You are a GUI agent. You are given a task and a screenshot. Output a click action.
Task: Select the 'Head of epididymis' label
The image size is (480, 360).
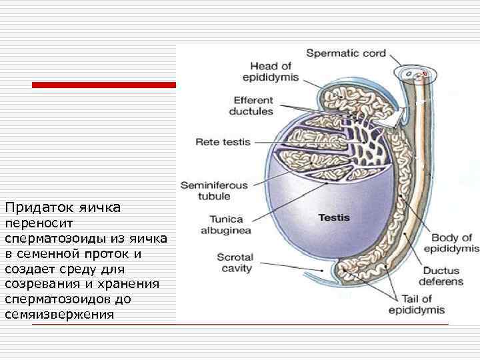(x=271, y=71)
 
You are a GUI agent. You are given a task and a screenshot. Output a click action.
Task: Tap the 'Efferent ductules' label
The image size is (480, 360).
(x=251, y=105)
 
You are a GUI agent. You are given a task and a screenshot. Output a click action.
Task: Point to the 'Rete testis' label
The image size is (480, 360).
(x=223, y=142)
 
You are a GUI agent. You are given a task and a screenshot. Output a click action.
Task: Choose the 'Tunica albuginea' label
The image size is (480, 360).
(x=227, y=224)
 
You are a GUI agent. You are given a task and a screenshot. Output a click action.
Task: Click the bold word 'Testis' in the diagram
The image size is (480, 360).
(x=333, y=217)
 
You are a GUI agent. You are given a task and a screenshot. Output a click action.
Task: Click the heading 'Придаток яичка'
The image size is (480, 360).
(x=62, y=208)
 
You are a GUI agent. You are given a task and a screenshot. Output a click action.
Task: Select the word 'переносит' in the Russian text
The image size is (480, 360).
(x=33, y=225)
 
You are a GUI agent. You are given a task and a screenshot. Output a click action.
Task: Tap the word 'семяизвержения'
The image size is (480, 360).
(x=59, y=313)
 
